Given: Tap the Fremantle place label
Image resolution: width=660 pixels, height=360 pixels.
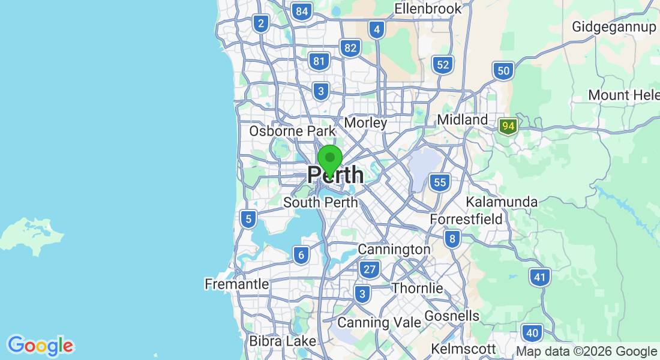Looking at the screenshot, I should (236, 284).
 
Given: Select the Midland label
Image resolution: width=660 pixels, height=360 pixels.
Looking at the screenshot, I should (463, 120).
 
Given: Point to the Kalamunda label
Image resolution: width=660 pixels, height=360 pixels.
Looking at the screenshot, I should (502, 202).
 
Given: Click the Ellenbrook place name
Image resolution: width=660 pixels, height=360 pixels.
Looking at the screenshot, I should (428, 8).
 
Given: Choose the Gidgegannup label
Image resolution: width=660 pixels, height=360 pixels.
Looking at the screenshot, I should (613, 27).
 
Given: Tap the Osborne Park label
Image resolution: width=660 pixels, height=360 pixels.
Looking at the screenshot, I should (292, 131).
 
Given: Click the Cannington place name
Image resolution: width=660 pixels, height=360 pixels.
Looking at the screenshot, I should (394, 249).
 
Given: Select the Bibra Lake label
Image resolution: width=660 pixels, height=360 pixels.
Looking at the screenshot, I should (282, 341).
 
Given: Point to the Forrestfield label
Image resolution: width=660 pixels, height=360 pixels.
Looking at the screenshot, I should (466, 220).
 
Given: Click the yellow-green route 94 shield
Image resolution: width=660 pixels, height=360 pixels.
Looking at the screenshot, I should (508, 127).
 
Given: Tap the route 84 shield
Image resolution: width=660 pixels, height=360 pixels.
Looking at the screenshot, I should (302, 11).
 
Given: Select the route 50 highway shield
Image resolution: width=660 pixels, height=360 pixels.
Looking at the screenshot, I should (503, 71).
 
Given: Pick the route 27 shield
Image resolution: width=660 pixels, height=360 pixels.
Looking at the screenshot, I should (370, 269).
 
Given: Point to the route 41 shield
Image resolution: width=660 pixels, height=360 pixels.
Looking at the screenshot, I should (540, 277).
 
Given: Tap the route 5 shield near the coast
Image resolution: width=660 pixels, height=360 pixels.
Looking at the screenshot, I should (248, 219).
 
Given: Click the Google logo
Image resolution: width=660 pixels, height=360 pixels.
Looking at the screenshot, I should (40, 346).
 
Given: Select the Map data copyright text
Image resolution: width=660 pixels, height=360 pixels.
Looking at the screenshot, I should (586, 352).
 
